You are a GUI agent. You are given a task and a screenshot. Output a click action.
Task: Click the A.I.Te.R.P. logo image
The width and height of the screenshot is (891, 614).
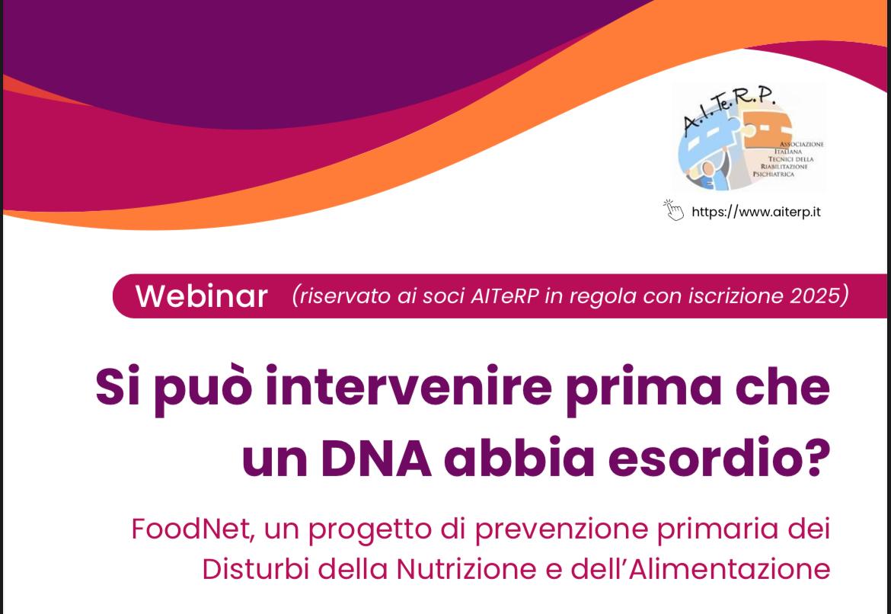(749, 137)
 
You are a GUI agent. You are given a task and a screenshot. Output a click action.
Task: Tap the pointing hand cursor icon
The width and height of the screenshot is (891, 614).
(673, 210)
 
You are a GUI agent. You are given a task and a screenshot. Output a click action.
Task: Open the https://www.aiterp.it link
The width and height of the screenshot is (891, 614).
(755, 212)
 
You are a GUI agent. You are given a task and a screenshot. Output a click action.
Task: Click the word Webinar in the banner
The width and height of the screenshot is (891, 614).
(201, 296)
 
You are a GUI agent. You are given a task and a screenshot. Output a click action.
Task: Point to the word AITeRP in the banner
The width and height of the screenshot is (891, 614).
(505, 296)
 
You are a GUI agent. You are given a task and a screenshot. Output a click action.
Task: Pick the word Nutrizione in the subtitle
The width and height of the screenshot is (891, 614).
(485, 569)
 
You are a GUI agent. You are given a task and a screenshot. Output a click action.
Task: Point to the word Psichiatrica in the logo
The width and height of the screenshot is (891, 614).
(774, 174)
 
